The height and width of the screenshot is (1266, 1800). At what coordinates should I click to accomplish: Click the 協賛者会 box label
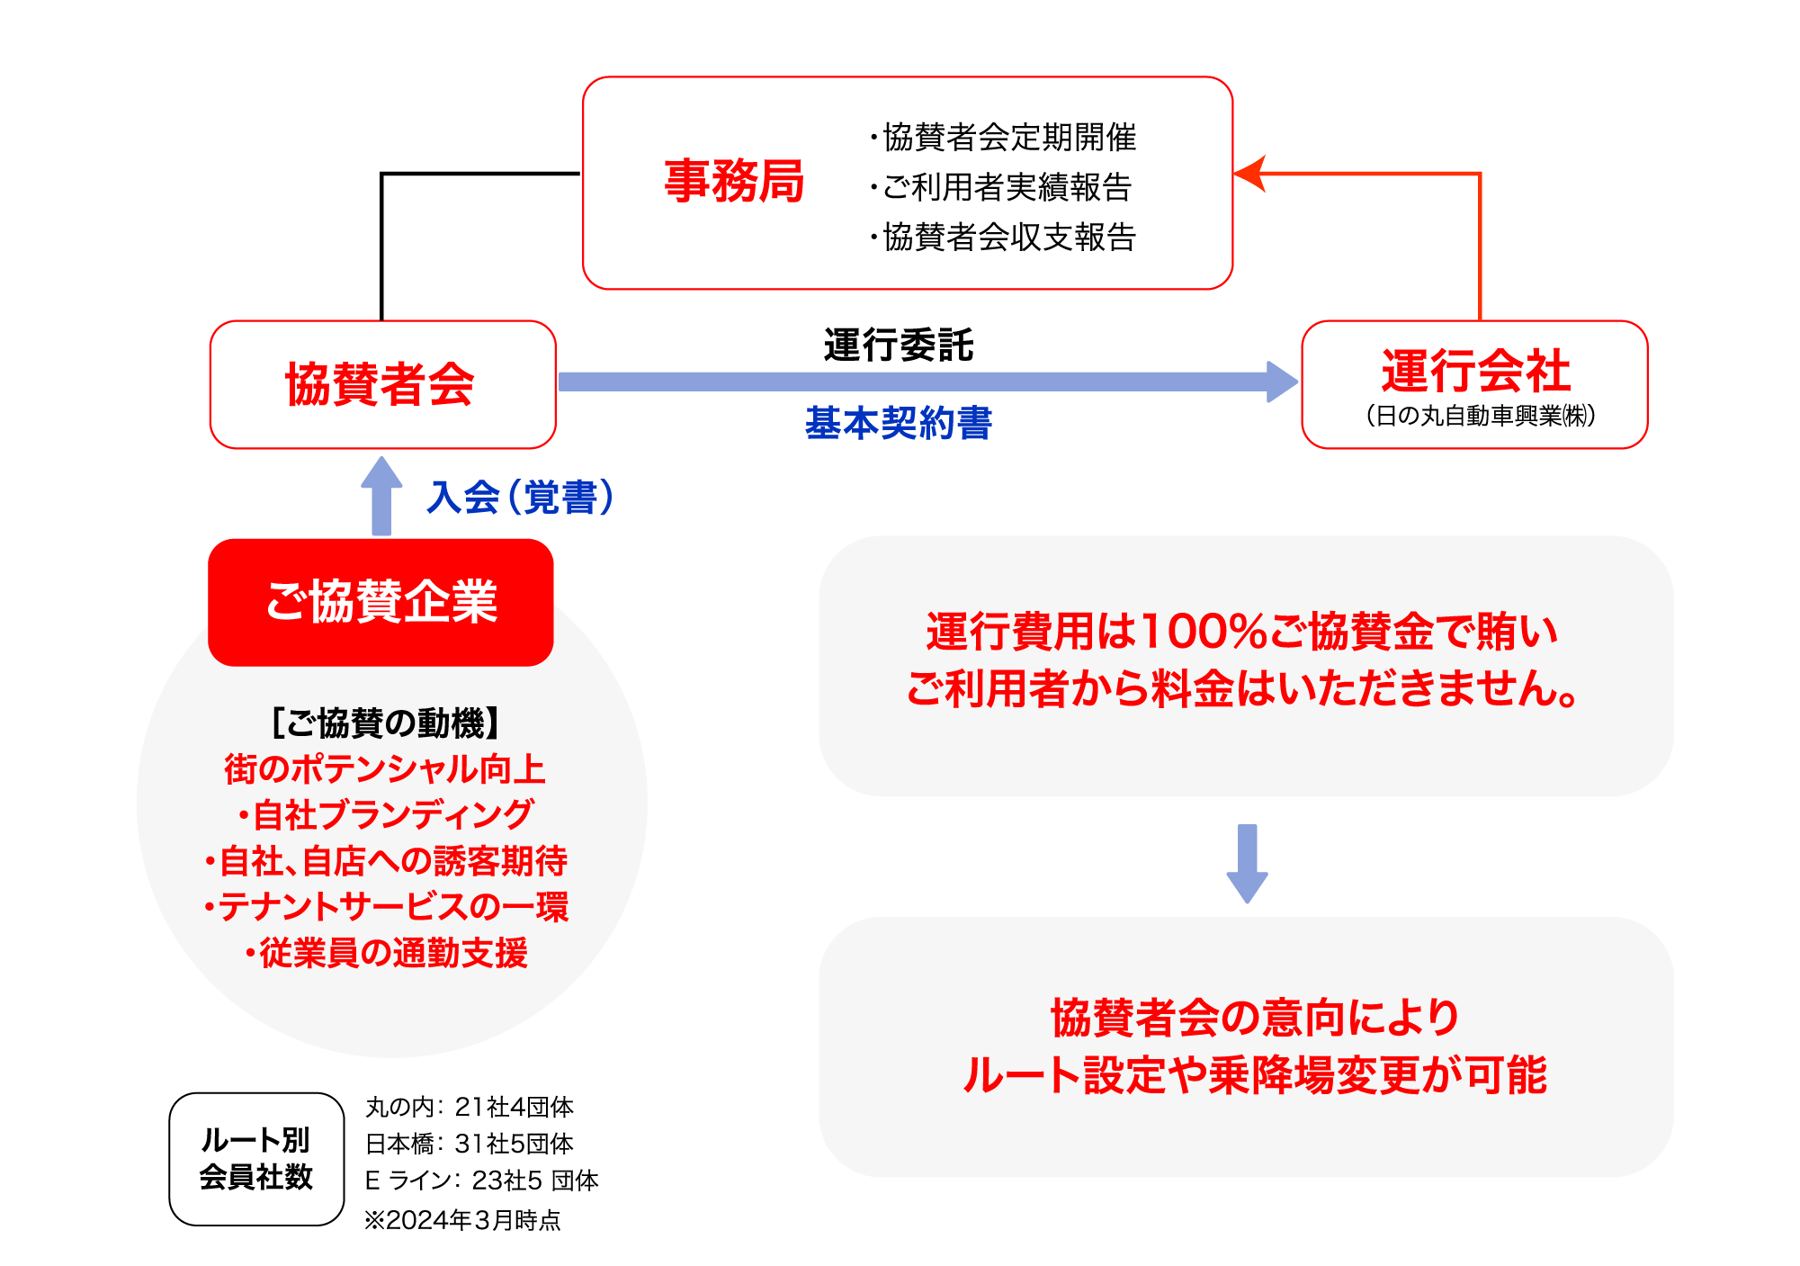(x=381, y=384)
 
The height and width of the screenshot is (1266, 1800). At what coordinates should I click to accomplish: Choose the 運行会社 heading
(x=1475, y=371)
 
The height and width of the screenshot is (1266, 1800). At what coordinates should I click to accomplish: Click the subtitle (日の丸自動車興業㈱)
(x=1480, y=416)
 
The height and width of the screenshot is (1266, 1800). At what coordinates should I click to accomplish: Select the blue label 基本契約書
(x=898, y=423)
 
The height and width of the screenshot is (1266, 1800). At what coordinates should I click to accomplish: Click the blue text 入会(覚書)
(x=521, y=498)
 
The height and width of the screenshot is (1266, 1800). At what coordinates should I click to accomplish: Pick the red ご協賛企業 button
(x=381, y=602)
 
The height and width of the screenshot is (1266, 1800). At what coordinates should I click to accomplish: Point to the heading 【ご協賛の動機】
(x=385, y=723)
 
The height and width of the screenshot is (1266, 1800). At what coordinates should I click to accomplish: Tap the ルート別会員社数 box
(x=256, y=1159)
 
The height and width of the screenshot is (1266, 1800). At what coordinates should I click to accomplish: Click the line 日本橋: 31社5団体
(x=469, y=1144)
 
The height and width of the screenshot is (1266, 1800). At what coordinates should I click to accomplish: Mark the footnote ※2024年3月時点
(x=462, y=1220)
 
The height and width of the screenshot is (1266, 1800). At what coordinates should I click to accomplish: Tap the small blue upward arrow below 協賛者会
(x=381, y=495)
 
